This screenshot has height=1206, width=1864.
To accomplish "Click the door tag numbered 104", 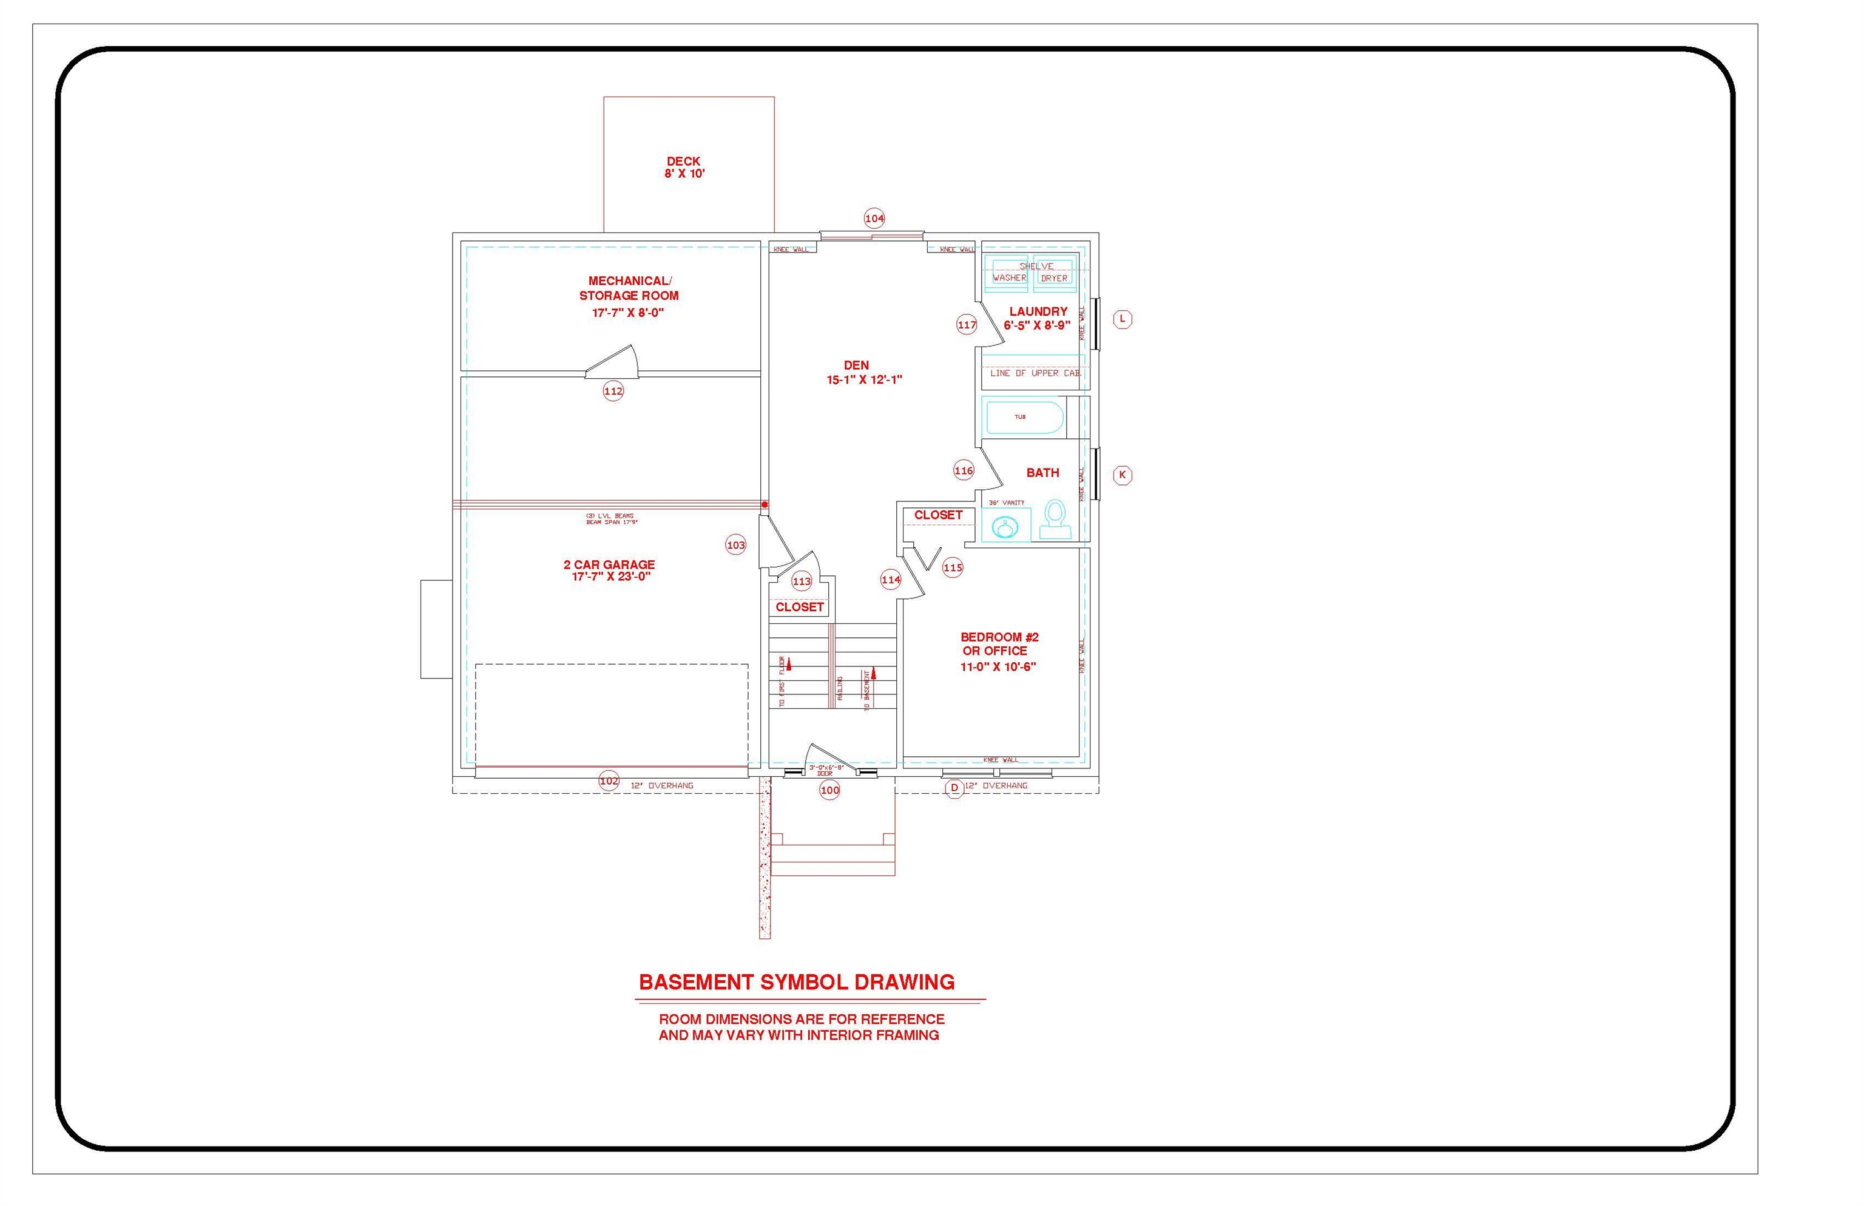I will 874,219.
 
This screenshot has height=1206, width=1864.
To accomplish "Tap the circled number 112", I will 613,391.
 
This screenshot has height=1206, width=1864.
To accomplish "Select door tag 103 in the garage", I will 736,545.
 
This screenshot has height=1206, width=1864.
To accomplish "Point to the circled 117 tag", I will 967,324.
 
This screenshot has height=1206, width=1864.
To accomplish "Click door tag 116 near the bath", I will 964,470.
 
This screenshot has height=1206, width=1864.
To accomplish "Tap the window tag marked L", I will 1123,319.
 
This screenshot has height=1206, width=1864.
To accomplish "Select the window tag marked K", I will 1123,475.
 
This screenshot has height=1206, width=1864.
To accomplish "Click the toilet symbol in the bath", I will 1055,519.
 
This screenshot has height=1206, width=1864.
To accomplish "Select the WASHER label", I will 1009,278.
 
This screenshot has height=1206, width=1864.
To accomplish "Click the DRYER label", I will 1054,278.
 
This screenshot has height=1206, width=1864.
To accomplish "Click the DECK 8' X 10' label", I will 684,168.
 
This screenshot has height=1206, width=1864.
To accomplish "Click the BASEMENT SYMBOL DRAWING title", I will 797,982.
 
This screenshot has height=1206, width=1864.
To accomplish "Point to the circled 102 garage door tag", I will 609,781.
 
